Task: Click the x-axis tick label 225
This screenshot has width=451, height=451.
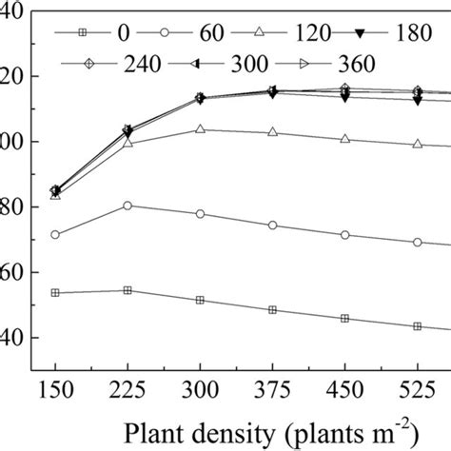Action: tap(127, 393)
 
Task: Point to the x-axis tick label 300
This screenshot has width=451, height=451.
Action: tap(200, 393)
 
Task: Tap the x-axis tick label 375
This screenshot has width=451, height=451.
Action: tap(272, 393)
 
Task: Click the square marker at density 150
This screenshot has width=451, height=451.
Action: tap(55, 293)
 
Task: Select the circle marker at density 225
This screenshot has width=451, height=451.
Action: tap(127, 206)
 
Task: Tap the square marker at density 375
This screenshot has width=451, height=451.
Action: tap(272, 310)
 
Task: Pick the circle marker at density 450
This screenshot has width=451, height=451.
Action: tap(344, 235)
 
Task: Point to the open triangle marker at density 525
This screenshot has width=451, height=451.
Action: tap(417, 144)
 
